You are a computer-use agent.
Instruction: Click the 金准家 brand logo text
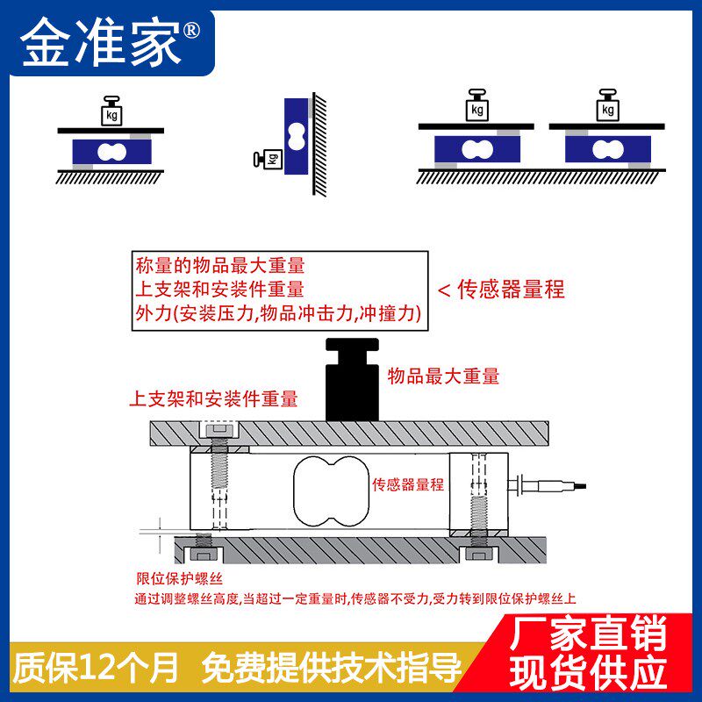point(101,40)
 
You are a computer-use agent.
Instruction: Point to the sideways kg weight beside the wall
point(269,159)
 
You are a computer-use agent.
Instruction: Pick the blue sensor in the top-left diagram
point(111,153)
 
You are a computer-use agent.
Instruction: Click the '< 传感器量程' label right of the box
point(500,290)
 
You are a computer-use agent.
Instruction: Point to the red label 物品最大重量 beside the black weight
point(443,376)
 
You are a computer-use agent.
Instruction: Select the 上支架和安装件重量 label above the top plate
point(213,399)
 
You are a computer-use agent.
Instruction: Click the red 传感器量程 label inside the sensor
point(408,484)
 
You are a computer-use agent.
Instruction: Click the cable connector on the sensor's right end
point(544,483)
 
